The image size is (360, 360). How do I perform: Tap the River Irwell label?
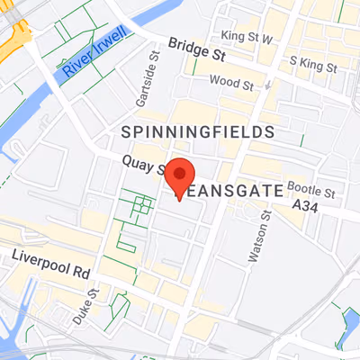point(92,59)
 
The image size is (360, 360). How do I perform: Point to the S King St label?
point(312,67)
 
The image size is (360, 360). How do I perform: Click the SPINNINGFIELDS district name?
point(197,132)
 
